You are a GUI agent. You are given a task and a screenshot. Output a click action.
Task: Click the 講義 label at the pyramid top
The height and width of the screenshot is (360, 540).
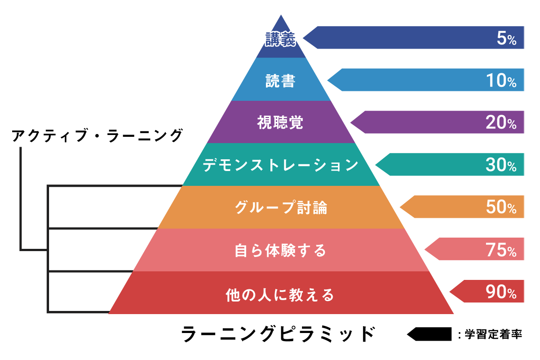pyautogui.click(x=280, y=39)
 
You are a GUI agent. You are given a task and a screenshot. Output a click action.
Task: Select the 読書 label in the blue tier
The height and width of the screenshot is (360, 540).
pyautogui.click(x=280, y=81)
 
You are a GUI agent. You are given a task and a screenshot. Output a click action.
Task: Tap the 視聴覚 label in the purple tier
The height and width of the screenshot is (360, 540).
pyautogui.click(x=280, y=122)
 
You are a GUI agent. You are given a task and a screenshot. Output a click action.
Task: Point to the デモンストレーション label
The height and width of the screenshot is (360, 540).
pyautogui.click(x=281, y=165)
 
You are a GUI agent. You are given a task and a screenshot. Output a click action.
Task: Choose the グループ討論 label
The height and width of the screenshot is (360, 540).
pyautogui.click(x=281, y=207)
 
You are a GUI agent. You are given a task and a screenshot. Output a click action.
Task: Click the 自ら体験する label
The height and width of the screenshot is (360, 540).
pyautogui.click(x=280, y=250)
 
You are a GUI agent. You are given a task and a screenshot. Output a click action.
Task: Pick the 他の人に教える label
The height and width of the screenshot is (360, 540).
pyautogui.click(x=280, y=295)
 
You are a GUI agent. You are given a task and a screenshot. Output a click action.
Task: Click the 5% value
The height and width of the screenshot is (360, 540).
pyautogui.click(x=507, y=38)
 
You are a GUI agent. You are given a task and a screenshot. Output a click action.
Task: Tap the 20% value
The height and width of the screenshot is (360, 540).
pyautogui.click(x=501, y=122)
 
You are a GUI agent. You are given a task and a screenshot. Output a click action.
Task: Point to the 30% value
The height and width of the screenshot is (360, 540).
pyautogui.click(x=501, y=165)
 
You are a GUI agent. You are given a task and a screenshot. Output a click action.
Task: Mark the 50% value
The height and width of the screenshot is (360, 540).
pyautogui.click(x=501, y=207)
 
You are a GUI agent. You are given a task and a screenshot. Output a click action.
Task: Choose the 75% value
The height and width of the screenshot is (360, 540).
pyautogui.click(x=501, y=250)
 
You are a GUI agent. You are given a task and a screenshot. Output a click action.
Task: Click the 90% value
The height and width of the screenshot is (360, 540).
pyautogui.click(x=501, y=292)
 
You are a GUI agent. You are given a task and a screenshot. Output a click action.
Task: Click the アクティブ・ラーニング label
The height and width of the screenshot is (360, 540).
pyautogui.click(x=97, y=135)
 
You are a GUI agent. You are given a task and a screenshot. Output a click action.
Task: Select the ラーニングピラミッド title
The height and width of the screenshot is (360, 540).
pyautogui.click(x=278, y=334)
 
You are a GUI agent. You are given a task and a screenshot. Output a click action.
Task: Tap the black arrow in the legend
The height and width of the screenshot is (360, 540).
pyautogui.click(x=429, y=334)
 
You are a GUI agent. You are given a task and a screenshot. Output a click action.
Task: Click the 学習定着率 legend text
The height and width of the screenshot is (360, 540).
pyautogui.click(x=493, y=334)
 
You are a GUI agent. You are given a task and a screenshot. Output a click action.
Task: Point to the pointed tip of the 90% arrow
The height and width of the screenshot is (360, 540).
pyautogui.click(x=450, y=292)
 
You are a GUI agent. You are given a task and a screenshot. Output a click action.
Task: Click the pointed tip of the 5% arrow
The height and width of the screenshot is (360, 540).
pyautogui.click(x=303, y=38)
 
